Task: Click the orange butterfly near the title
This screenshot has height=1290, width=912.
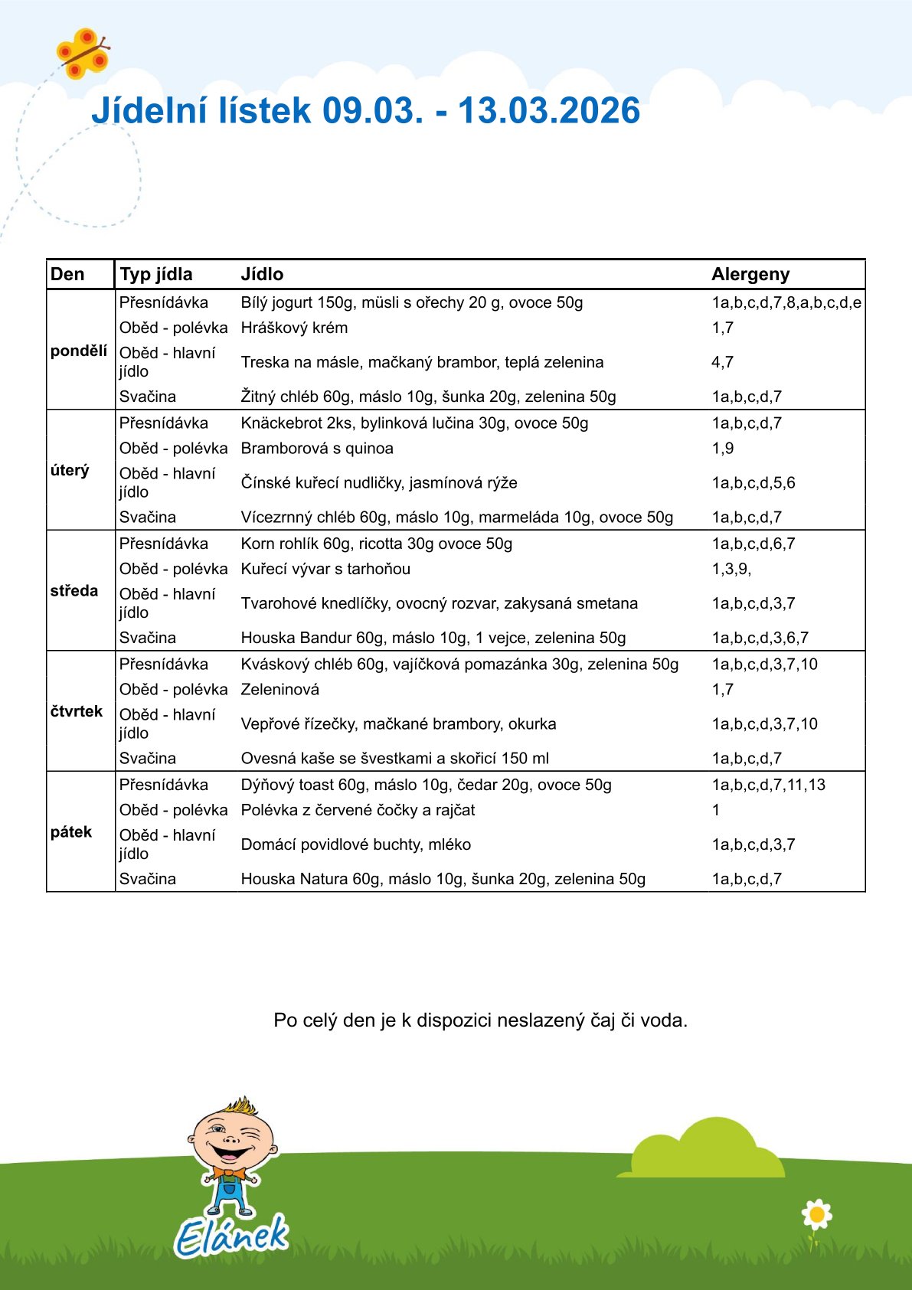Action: point(82,53)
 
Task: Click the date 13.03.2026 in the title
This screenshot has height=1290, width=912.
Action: point(548,111)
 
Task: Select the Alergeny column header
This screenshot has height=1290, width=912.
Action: point(750,274)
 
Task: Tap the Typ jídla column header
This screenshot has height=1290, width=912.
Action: point(155,274)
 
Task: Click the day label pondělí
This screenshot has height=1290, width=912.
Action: point(79,351)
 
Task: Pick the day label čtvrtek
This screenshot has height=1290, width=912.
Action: point(76,711)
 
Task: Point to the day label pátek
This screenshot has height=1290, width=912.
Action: point(71,831)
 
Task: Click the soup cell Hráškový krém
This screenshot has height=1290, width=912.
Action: point(294,328)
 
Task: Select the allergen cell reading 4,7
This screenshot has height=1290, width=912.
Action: point(722,362)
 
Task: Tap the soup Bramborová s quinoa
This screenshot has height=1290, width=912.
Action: point(317,449)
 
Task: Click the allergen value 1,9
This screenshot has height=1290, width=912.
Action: point(722,449)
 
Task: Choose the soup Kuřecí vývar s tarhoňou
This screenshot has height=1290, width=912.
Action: point(325,569)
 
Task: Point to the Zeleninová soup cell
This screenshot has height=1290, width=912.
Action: point(279,689)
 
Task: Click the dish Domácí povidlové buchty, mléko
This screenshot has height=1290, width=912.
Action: point(355,844)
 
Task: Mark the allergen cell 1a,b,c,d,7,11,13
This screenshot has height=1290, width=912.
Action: point(768,785)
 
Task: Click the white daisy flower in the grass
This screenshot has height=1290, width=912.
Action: point(816,1214)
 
